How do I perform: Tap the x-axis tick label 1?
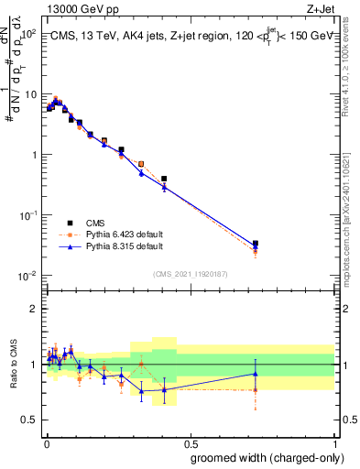[x=334, y=442]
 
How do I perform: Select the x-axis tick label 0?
[x=45, y=442]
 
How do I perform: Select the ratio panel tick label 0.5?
[x=31, y=420]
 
